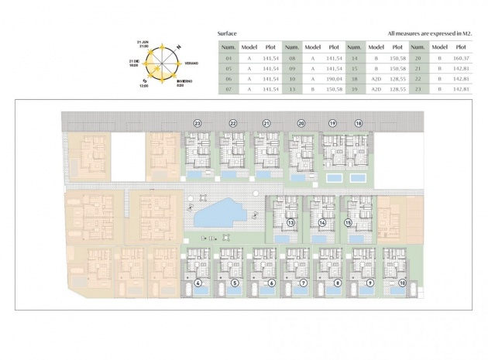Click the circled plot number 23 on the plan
coord(198,123)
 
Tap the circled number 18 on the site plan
coord(358,123)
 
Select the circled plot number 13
coord(290,222)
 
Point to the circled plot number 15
coord(349,222)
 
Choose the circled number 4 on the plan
coord(199,283)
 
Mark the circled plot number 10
coord(402,283)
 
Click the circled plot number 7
coord(304,283)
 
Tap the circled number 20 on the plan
coord(301,123)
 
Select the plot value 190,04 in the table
coord(334,78)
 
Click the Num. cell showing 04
coord(228,57)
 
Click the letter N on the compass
coord(178,48)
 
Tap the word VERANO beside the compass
coord(190,62)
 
